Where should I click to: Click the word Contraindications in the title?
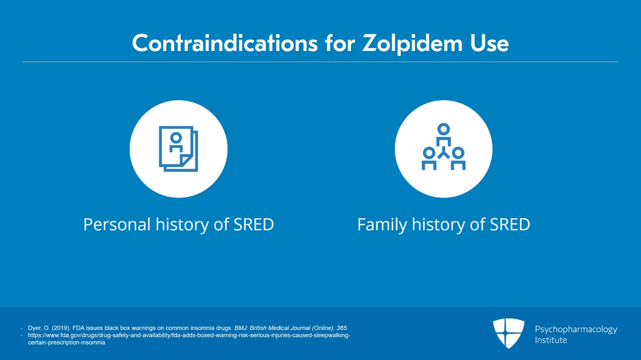point(225,43)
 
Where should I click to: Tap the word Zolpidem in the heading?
point(412,44)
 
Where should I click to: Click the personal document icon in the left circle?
point(179,149)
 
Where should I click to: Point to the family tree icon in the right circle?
point(443,147)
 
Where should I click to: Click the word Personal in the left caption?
point(117,224)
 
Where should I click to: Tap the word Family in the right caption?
point(382,225)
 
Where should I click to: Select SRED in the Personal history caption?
point(254,224)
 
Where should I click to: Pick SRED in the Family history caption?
point(510,224)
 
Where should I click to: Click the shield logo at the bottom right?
point(508,333)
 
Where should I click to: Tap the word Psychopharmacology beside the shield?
point(576,330)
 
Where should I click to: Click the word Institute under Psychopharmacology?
point(551,340)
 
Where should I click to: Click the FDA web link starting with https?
point(189,339)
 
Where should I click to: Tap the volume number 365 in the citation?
point(342,328)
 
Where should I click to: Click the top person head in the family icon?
point(443,129)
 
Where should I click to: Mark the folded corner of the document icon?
point(186,161)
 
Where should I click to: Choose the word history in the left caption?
point(182,225)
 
